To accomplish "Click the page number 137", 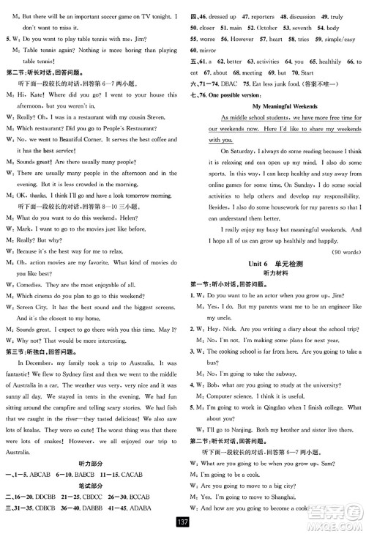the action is pyautogui.click(x=183, y=523).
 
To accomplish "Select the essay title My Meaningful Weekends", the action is pyautogui.click(x=276, y=105).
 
